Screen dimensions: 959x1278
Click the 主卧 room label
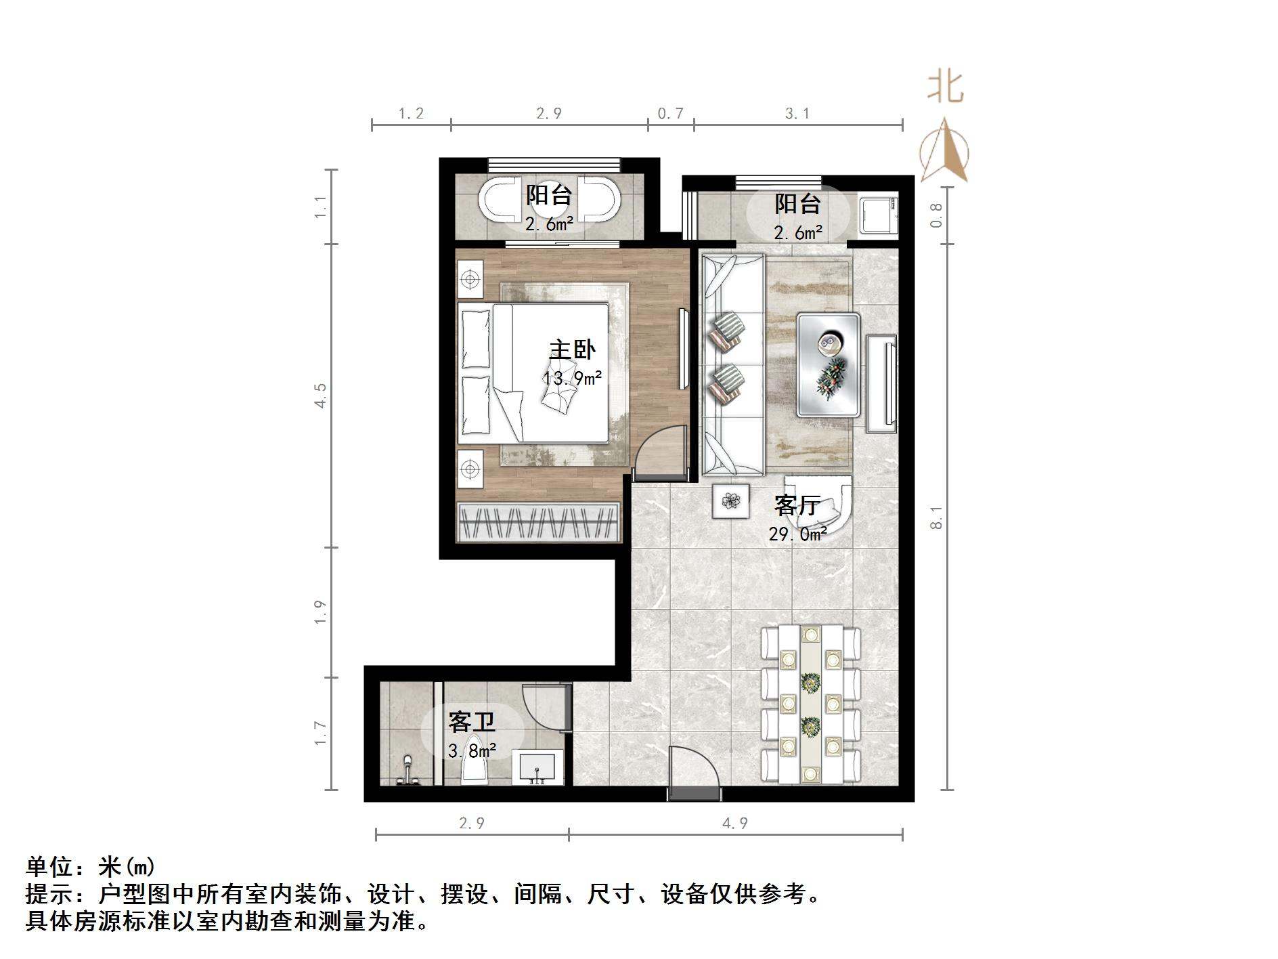572,349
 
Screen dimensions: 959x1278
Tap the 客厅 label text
797,505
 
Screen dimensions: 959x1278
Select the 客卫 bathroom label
471,722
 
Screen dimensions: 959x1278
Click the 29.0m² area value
797,534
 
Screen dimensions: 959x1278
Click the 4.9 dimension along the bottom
734,824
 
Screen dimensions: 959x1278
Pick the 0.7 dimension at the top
670,114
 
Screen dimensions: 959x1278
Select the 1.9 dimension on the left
321,612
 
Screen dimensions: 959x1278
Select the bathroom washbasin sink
537,768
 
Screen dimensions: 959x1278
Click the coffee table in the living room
829,364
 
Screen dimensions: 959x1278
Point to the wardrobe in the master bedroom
539,522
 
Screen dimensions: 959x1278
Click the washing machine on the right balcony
877,213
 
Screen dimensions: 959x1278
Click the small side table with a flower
730,501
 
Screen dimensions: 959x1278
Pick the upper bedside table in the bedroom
470,280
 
